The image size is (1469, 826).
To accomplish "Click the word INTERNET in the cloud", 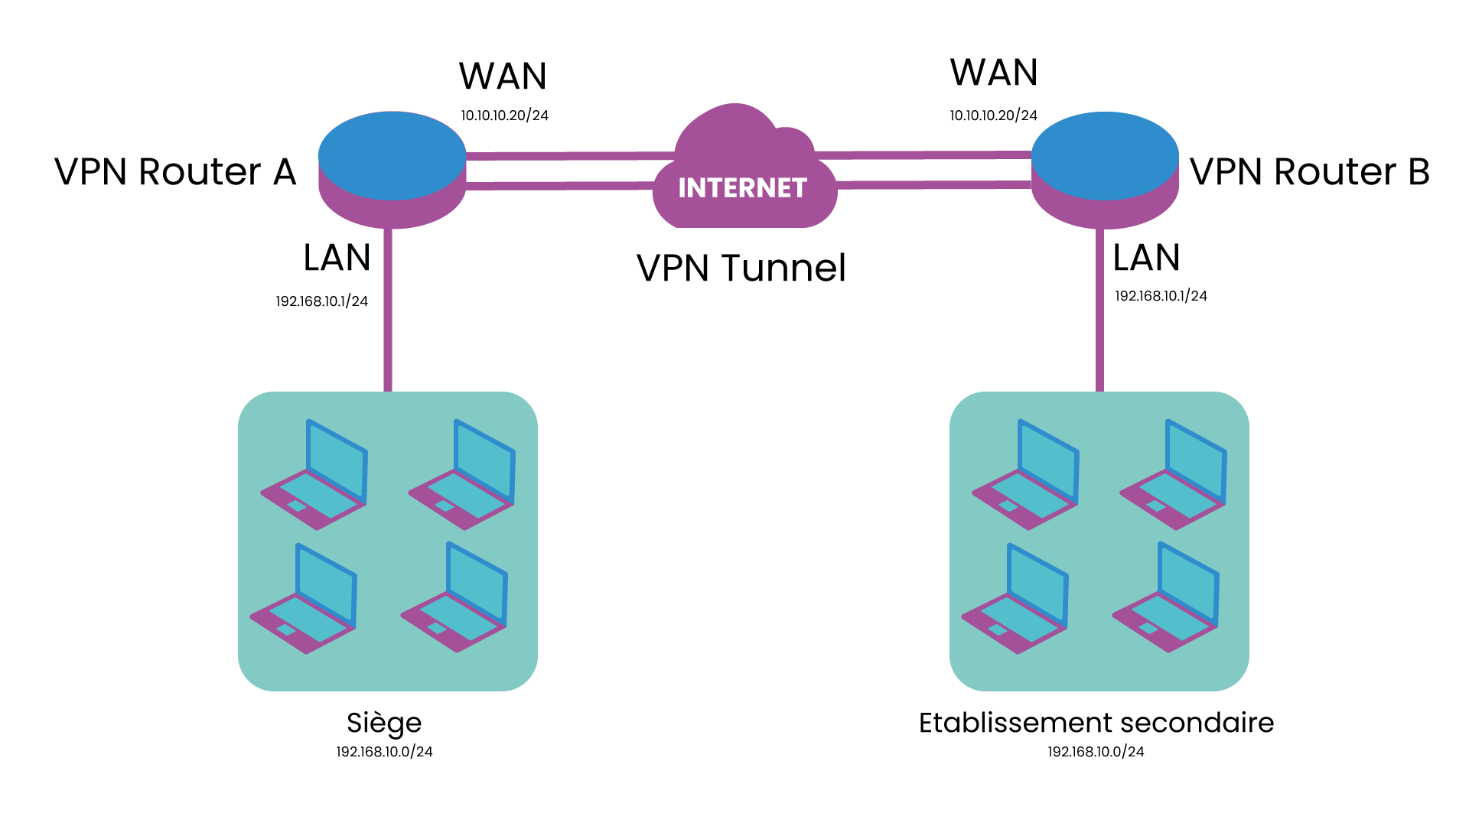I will click(x=742, y=188).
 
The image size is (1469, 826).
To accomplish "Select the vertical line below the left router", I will click(x=388, y=310).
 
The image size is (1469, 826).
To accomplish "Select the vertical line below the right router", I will click(x=1100, y=310).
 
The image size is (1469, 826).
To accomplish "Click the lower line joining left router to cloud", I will click(x=559, y=185).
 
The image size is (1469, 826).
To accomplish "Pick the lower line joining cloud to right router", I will click(x=933, y=184).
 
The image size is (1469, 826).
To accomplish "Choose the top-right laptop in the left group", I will click(x=464, y=478).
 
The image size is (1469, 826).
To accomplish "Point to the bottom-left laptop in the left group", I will click(x=305, y=602).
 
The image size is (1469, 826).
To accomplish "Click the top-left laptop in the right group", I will click(x=1028, y=478).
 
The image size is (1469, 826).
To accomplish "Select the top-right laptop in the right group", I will click(x=1175, y=478).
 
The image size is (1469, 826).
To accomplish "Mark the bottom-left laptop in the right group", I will click(x=1017, y=602).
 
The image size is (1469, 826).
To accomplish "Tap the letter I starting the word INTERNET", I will click(x=682, y=188).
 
